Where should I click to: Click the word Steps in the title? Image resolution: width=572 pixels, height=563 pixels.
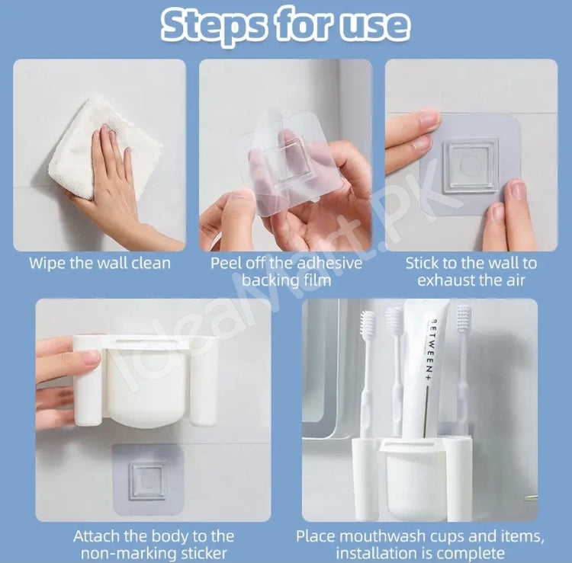click(218, 25)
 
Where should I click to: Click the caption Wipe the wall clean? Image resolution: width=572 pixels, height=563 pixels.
click(100, 264)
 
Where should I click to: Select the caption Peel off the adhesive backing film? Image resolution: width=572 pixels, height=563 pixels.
click(286, 271)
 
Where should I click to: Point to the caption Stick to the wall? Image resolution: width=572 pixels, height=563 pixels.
click(471, 264)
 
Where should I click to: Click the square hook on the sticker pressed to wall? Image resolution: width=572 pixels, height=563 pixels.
click(471, 165)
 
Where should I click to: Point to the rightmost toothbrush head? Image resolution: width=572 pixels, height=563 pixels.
click(463, 324)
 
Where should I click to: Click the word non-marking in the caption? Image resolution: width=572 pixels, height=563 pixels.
click(122, 553)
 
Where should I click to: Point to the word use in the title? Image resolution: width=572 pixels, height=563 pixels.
click(377, 25)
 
